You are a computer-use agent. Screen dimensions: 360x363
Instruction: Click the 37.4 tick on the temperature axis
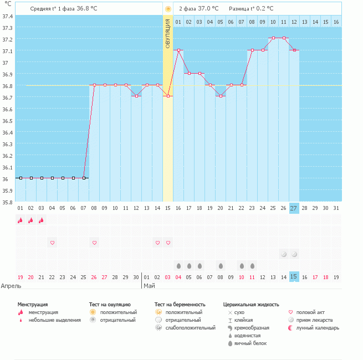7,16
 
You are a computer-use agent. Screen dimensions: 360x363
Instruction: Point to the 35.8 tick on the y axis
7,202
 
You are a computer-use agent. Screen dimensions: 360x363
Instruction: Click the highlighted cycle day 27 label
294,208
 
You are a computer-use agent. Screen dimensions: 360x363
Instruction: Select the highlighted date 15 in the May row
294,276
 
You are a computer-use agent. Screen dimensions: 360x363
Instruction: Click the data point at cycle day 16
178,50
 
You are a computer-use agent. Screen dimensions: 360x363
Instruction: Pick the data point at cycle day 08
94,85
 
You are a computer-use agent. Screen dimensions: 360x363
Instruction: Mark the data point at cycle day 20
221,96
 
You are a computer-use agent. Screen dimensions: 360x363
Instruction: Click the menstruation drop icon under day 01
20,220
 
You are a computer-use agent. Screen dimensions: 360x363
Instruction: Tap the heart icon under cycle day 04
52,243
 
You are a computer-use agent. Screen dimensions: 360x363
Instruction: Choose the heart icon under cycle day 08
94,243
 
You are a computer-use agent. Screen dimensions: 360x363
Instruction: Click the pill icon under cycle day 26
283,254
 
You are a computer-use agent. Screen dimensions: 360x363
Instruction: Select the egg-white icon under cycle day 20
221,265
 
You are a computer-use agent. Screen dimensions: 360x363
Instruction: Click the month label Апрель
11,286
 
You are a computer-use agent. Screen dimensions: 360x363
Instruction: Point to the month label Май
149,286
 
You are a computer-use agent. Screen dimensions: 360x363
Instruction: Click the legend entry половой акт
310,312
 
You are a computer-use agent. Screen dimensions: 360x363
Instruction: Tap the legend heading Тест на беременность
180,304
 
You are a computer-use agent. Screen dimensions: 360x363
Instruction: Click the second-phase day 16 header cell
336,22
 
